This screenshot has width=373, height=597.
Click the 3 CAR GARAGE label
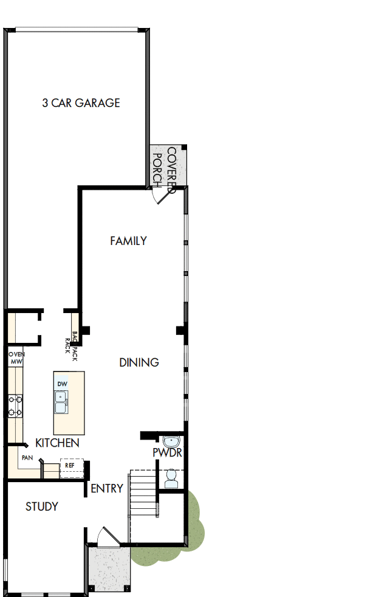pos(81,103)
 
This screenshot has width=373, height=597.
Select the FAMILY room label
pos(128,241)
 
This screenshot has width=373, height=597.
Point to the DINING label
pos(139,362)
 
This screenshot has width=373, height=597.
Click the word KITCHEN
pos(57,443)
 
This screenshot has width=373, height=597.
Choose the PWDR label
pos(167,453)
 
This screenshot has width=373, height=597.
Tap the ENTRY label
pos(107,488)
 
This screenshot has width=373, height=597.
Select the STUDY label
pos(42,506)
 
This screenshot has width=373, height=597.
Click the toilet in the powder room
pos(171,478)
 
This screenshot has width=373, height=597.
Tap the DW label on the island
pos(61,384)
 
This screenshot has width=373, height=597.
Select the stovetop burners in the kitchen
pos(15,406)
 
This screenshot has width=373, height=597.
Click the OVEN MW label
pos(15,357)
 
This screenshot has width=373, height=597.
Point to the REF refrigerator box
pos(71,466)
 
